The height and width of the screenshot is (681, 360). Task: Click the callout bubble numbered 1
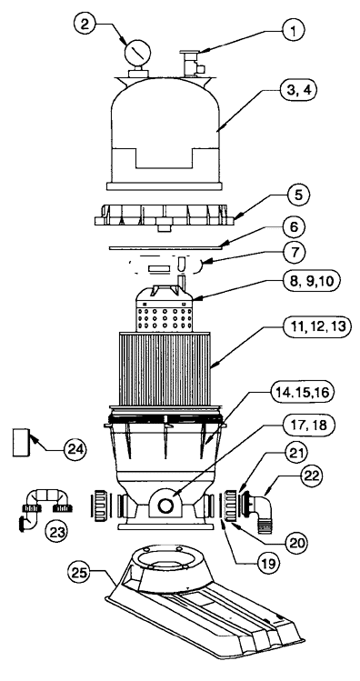coord(293,30)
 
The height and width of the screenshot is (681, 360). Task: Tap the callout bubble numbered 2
coord(85,23)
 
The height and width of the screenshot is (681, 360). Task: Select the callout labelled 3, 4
coord(297,90)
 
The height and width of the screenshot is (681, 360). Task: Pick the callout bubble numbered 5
coord(297,195)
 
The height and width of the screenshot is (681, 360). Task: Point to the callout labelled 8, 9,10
coord(310,281)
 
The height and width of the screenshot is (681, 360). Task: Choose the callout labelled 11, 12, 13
coord(316,326)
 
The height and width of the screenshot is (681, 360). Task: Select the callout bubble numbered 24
coord(74,449)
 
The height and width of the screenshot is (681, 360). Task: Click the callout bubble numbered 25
coord(78,574)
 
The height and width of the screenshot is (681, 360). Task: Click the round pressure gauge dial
coord(137,54)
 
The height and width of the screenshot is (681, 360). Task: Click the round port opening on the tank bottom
coord(165,506)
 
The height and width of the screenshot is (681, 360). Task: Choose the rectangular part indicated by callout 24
coord(23,442)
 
